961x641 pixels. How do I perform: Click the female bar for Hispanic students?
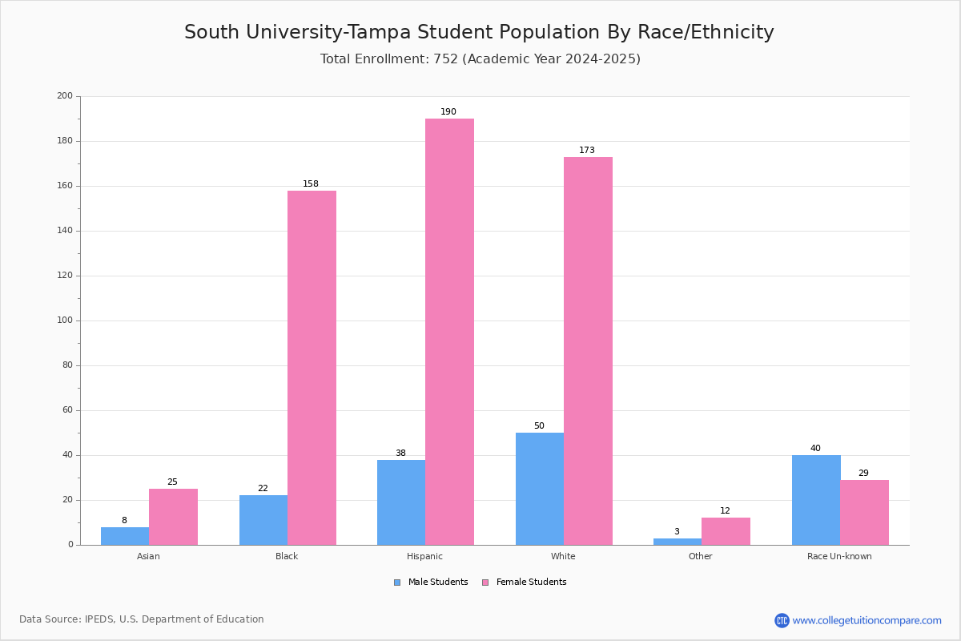pos(449,332)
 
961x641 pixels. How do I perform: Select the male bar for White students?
pos(540,489)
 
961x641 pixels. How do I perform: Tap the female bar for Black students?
pos(312,368)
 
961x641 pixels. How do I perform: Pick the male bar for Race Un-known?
pos(816,500)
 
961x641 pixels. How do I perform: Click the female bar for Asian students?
pos(173,517)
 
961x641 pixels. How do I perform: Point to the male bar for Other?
pos(677,542)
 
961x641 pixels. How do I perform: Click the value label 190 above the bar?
pos(448,112)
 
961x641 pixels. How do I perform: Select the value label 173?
pos(587,151)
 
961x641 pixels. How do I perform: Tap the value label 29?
pos(863,474)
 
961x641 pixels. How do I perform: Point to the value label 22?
pos(263,489)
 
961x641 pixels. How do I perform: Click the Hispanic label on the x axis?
pos(424,556)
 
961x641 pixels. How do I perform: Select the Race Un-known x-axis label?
pos(839,556)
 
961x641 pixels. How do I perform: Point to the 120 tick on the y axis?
pos(65,276)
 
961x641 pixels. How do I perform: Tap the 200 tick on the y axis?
pos(65,96)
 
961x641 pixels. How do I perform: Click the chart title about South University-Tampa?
pos(479,33)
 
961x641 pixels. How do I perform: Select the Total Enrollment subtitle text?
pos(480,59)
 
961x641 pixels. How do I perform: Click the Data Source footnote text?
pos(142,619)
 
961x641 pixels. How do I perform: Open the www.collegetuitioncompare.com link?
pos(867,620)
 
